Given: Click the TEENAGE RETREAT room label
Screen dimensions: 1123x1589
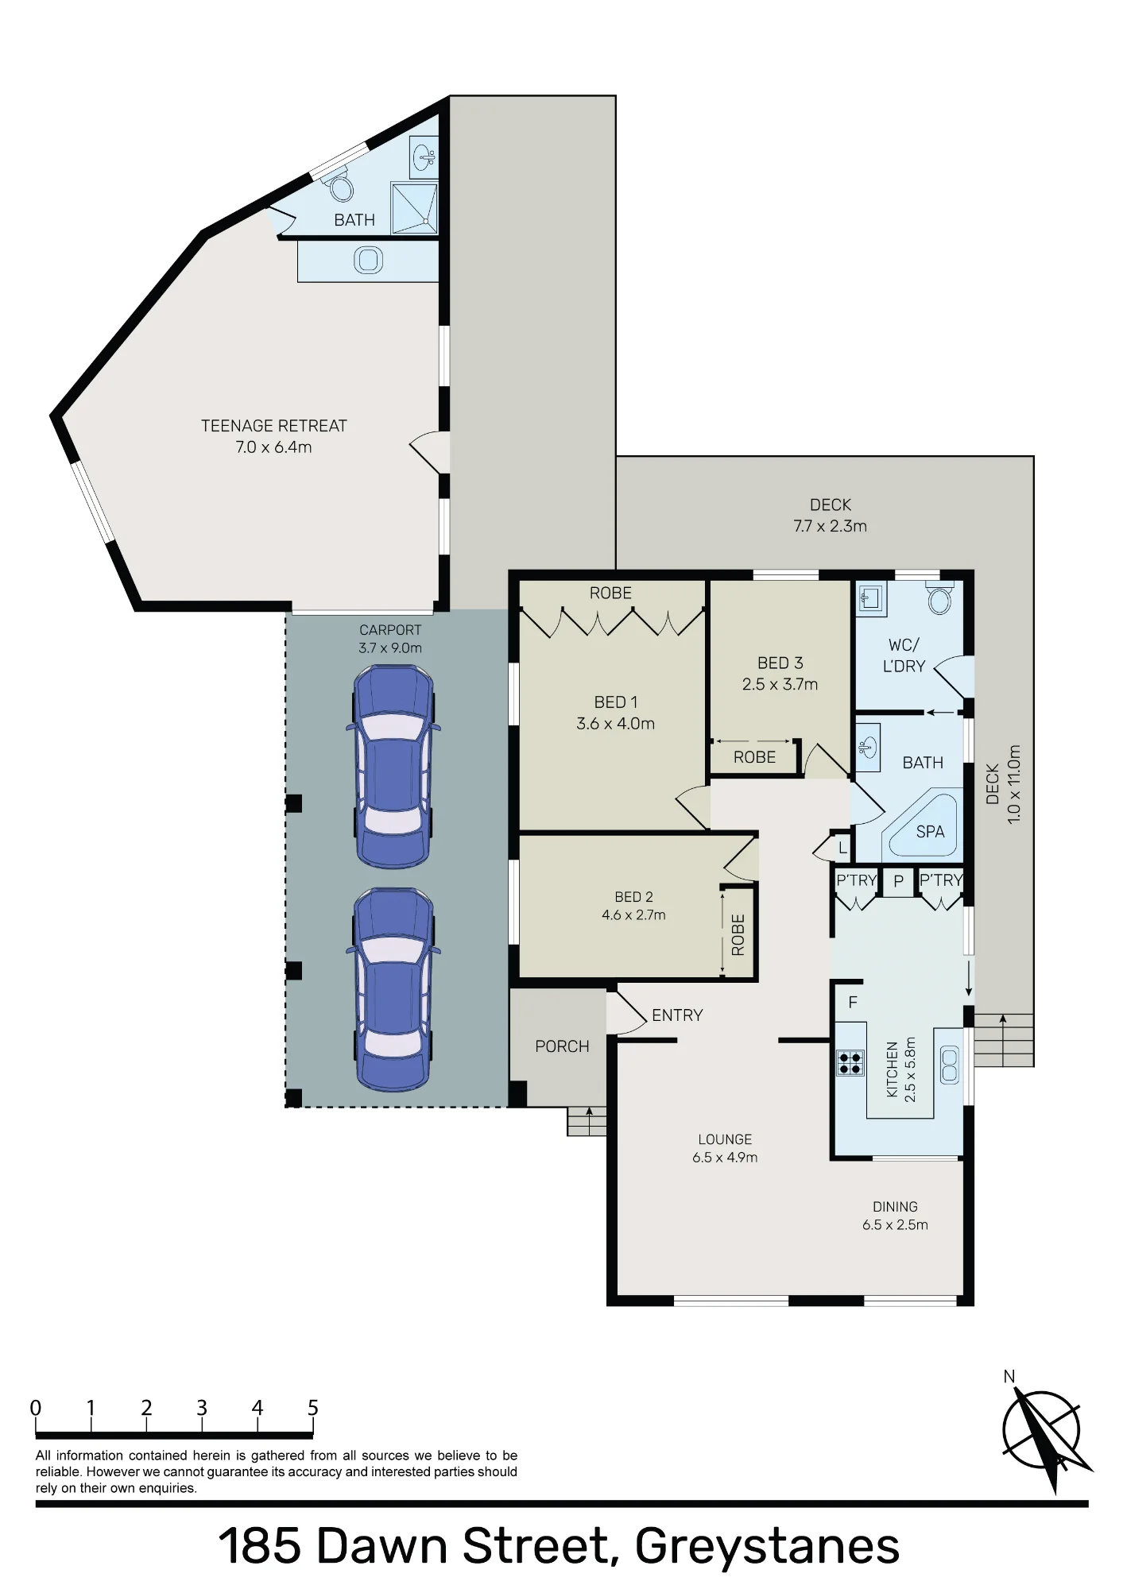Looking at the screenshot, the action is (273, 436).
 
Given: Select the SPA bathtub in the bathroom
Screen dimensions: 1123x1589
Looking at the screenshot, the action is (923, 824).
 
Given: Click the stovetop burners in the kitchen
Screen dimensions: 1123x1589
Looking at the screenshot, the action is (850, 1062).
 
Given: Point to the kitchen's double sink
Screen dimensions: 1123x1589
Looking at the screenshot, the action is (950, 1065).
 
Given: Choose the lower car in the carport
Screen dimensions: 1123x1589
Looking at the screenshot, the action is (393, 989).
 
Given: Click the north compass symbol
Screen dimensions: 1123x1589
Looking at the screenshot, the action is (1043, 1432).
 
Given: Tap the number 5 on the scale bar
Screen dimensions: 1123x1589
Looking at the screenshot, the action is (312, 1408).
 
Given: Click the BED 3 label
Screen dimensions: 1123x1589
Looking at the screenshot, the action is (780, 663).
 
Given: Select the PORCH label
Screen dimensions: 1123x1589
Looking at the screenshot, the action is (562, 1046).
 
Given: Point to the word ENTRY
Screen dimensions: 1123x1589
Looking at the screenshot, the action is (677, 1015).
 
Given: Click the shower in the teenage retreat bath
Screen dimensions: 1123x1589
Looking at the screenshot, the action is (414, 208).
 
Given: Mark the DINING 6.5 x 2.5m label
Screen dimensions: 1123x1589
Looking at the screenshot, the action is (895, 1216).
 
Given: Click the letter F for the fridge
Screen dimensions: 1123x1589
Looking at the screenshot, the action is (853, 1003).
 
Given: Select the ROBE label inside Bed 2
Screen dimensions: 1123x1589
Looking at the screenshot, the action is (738, 934).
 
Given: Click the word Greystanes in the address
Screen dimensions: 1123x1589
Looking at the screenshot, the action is (767, 1547).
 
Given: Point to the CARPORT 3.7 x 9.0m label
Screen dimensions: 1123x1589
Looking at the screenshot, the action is (390, 639).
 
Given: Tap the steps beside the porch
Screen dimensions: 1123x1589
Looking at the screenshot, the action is (587, 1121).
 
